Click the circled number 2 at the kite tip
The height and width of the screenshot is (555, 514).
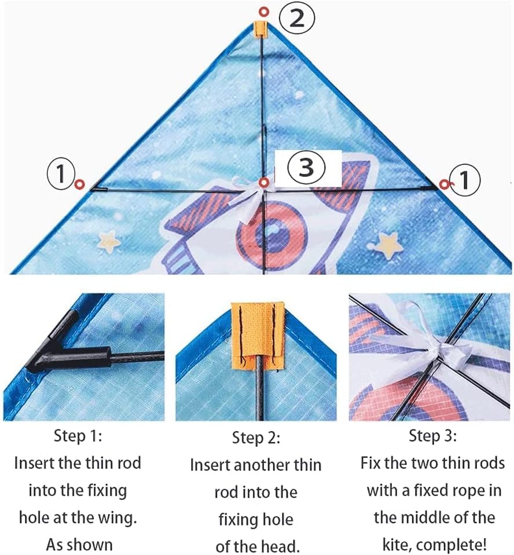296,19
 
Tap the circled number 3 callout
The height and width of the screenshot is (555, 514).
306,167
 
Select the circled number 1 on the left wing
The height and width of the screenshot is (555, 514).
61,174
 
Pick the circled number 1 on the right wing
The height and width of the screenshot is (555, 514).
464,179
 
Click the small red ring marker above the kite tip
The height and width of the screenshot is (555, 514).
264,12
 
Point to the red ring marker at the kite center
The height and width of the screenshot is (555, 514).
264,183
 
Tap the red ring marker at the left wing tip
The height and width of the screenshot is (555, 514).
80,184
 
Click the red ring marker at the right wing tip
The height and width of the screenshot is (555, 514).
444,184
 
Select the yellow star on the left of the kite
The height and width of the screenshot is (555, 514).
109,241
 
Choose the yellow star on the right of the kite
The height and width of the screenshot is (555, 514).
389,245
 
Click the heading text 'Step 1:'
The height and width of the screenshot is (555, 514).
78,436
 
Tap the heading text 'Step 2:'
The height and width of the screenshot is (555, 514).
256,438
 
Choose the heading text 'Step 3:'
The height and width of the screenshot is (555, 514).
432,436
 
